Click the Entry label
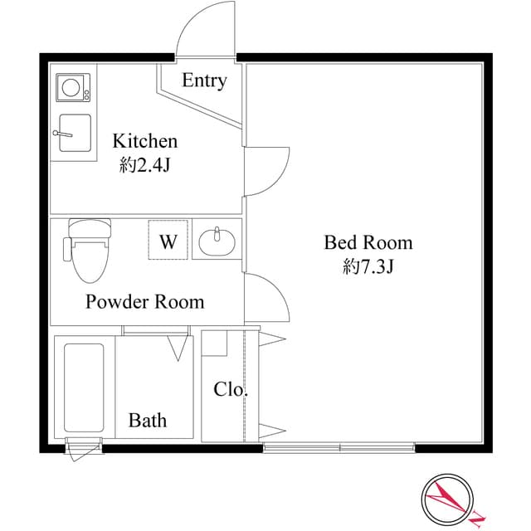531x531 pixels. click(x=204, y=80)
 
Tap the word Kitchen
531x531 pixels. click(x=145, y=140)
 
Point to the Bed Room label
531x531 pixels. click(x=368, y=243)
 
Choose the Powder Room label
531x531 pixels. click(x=145, y=301)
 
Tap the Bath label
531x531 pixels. click(x=147, y=421)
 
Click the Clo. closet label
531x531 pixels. click(x=231, y=389)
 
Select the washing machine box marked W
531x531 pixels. click(x=169, y=241)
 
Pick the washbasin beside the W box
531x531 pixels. click(x=217, y=241)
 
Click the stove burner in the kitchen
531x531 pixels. click(x=74, y=87)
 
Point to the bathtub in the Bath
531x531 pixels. click(x=85, y=386)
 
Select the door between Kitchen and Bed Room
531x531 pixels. click(x=266, y=171)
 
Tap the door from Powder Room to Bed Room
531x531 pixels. click(x=266, y=299)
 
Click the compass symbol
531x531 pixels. click(x=446, y=500)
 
